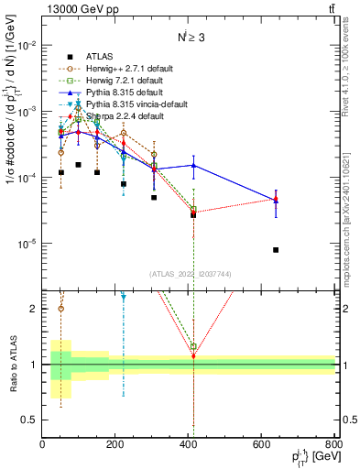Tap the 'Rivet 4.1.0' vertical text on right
tap(352, 92)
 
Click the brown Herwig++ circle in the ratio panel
tap(61, 309)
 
